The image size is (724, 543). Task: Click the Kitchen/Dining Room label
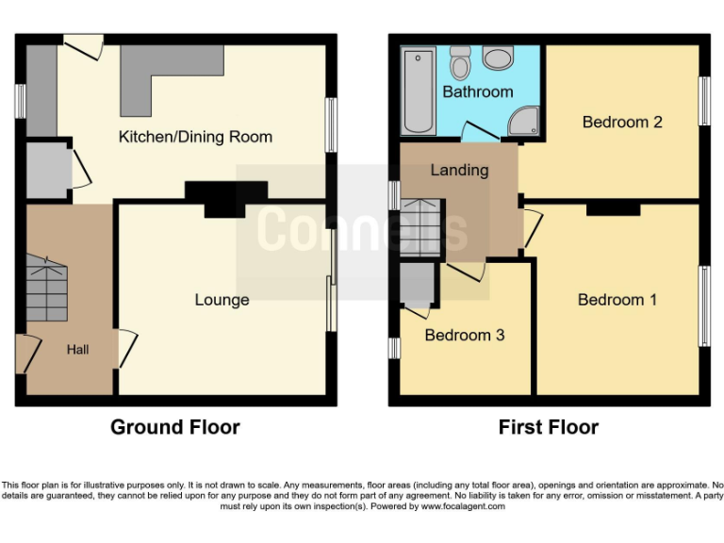coord(195,137)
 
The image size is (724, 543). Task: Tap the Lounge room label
coord(222,300)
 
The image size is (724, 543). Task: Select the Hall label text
coord(77,349)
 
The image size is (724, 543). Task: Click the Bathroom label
coord(477,91)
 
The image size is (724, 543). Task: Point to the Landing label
coord(459,170)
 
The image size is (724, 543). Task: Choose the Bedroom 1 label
coord(617,300)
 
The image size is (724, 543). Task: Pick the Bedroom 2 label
coord(621,122)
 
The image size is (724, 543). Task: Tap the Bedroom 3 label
coord(464,335)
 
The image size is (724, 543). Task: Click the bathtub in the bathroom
coord(418,91)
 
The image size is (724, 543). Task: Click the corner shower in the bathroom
coord(524,121)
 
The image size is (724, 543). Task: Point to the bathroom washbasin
coord(497,58)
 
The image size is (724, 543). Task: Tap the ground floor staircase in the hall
coord(47,288)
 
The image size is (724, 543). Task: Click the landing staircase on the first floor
coord(422,230)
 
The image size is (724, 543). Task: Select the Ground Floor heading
coord(175,427)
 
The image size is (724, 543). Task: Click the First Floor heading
coord(548,427)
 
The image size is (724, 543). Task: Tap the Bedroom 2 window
coord(703,100)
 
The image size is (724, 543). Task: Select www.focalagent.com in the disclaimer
coord(464,506)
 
